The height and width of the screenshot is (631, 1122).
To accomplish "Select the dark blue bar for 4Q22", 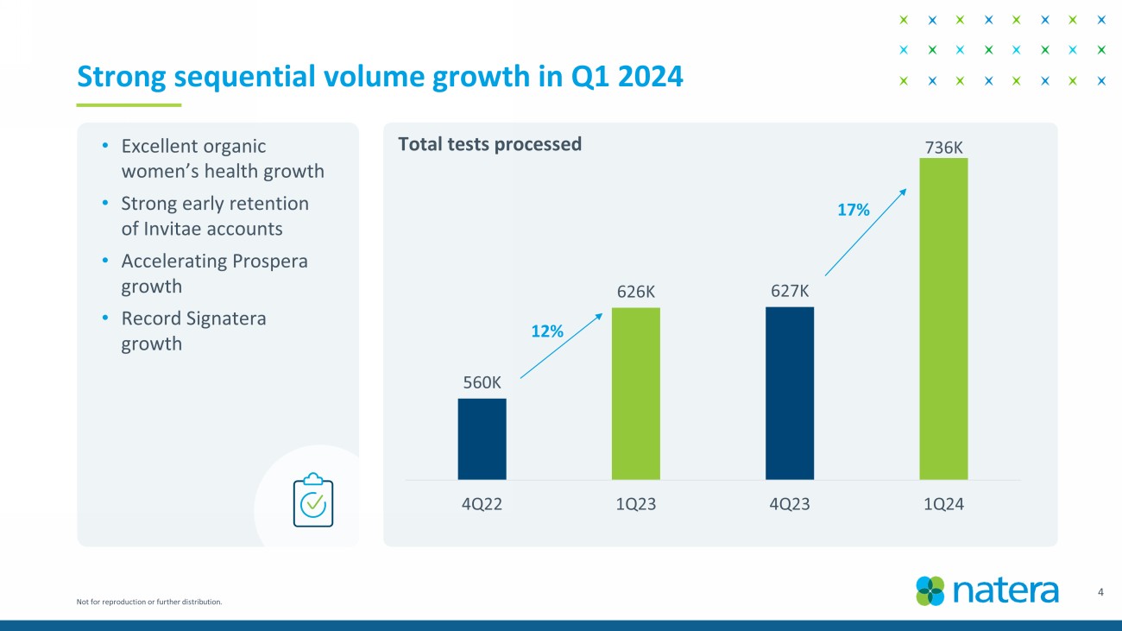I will pos(482,439).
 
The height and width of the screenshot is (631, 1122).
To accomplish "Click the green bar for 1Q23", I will pos(635,394).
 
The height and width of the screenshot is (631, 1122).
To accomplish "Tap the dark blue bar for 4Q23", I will pos(789,393).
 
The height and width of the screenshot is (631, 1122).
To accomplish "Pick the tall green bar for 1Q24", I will pos(943,319).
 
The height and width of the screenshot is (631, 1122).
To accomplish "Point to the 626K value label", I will pos(636,292).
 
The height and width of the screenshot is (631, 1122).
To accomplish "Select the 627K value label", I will pos(790,292).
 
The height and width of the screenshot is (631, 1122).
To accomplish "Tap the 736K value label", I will pos(943,147).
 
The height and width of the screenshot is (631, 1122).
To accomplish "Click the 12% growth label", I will pos(546,331).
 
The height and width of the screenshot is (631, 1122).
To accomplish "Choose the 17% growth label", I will pos(854,209).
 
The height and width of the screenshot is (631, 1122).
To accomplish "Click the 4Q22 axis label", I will pos(482,505).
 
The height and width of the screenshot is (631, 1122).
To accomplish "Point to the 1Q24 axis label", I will pos(943,505).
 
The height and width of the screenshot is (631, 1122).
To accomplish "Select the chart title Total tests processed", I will pos(489,144).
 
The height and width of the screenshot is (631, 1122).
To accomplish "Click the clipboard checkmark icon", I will pos(312,500).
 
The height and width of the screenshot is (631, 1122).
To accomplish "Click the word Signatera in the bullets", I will pos(220,319).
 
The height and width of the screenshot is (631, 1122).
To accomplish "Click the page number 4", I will pos(1100,592).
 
